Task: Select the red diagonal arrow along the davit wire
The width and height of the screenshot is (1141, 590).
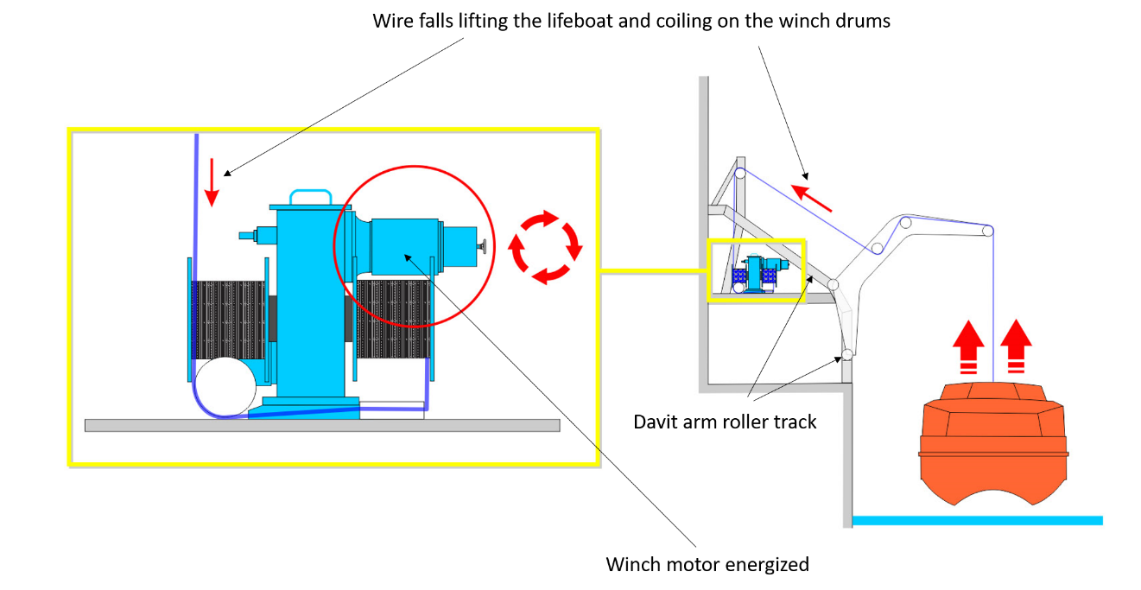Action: pos(813,197)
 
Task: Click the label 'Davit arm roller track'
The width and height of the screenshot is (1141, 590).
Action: pos(725,422)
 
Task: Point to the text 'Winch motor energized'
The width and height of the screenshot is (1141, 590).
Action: pos(707,565)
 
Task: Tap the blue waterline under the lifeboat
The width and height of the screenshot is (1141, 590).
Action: pos(976,520)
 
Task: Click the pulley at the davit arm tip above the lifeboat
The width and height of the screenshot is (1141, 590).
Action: pos(987,232)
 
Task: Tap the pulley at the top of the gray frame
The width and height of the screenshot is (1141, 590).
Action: pos(740,174)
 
